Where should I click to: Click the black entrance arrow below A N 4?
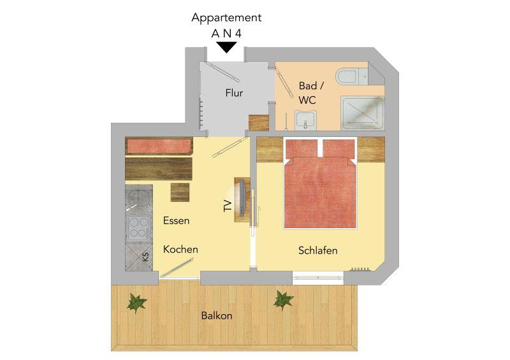pos(227,48)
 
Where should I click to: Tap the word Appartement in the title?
pos(226,18)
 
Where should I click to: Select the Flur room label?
pos(234,93)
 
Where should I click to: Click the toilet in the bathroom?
pos(347,76)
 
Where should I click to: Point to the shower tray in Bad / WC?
pos(362,113)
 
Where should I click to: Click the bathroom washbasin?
pos(305,119)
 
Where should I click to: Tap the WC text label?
pos(307,100)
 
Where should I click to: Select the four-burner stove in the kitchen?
pos(139,228)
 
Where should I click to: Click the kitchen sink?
pos(139,198)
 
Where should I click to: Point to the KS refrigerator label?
pos(146,257)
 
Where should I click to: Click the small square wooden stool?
pos(180,192)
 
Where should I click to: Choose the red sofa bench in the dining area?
pos(159,146)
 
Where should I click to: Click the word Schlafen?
pos(317,251)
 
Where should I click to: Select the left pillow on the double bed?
pos(302,148)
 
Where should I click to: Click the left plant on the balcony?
pos(137,303)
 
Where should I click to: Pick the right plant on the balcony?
pos(283,300)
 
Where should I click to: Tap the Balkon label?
pos(217,315)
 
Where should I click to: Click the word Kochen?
pos(180,249)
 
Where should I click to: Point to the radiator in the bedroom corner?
pos(360,270)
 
